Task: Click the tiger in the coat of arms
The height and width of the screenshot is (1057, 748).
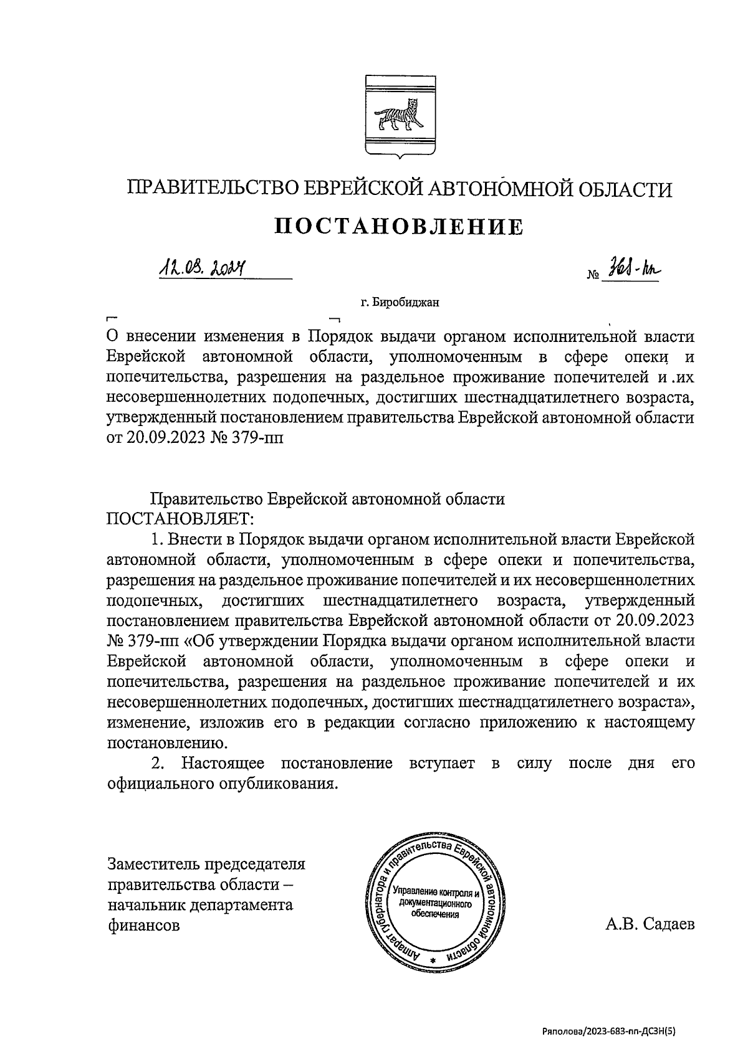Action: tap(400, 117)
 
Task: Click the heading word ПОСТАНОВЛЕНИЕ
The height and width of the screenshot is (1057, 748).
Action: tap(399, 227)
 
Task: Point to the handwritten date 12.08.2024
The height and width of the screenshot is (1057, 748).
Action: tap(201, 268)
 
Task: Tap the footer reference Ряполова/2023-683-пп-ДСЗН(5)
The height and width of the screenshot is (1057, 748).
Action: tap(608, 1031)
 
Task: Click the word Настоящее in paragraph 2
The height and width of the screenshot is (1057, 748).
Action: tap(223, 763)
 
